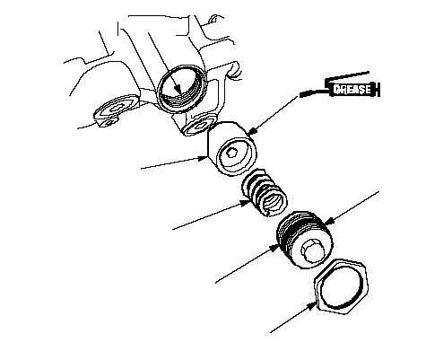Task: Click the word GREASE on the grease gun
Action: [x=352, y=90]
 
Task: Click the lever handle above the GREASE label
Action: [x=347, y=76]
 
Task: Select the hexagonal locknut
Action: [x=342, y=286]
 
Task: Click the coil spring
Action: [x=265, y=193]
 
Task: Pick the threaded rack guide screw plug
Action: [x=305, y=240]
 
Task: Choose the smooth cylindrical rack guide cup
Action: [x=232, y=149]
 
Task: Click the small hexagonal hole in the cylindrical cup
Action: [x=231, y=154]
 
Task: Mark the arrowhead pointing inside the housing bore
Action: [x=177, y=89]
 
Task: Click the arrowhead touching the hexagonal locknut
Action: [x=311, y=306]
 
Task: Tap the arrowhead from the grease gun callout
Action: [x=253, y=131]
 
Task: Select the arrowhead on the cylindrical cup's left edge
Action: [x=204, y=158]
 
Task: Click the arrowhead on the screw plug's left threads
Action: [x=275, y=248]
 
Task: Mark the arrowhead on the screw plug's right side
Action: [x=328, y=221]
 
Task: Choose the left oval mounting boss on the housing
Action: [x=116, y=110]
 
